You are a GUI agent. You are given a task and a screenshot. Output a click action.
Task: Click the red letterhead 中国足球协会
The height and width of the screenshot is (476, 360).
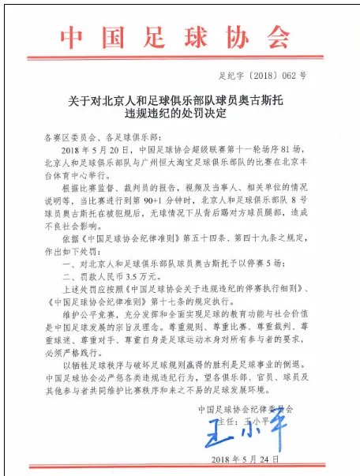point(179,39)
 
